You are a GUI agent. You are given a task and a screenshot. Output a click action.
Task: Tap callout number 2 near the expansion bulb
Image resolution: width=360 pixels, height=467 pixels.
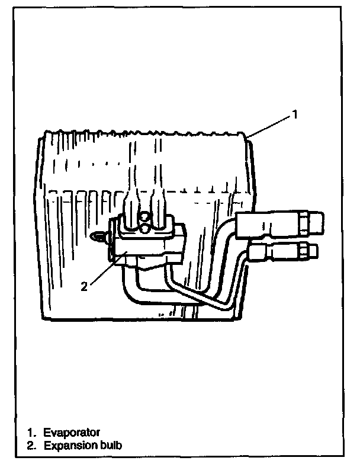point(84,286)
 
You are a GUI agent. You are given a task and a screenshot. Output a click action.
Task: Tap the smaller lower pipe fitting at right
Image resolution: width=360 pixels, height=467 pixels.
point(278,252)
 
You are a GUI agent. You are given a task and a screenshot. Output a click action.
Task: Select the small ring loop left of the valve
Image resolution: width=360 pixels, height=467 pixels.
point(97,236)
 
